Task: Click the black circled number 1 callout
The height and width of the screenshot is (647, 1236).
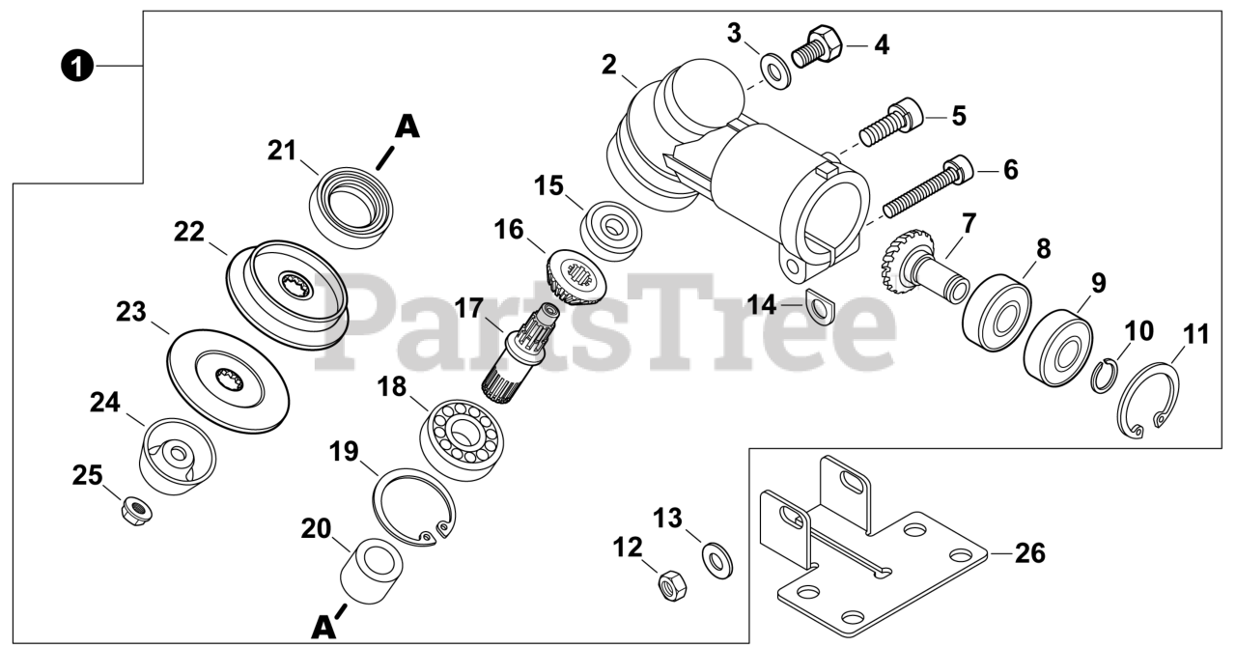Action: pos(77,66)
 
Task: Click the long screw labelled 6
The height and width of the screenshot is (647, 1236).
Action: pos(927,187)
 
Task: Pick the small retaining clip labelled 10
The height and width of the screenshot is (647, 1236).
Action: pos(1103,375)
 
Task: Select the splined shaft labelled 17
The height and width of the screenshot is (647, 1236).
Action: pos(519,352)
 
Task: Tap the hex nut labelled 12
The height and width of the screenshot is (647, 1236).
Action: pos(668,583)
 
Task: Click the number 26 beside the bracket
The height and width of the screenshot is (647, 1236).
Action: pos(1031,553)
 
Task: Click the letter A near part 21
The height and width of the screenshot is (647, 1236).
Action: pos(408,127)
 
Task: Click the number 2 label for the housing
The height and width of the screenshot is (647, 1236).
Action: pos(608,66)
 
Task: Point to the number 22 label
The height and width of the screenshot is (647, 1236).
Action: pos(189,232)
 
